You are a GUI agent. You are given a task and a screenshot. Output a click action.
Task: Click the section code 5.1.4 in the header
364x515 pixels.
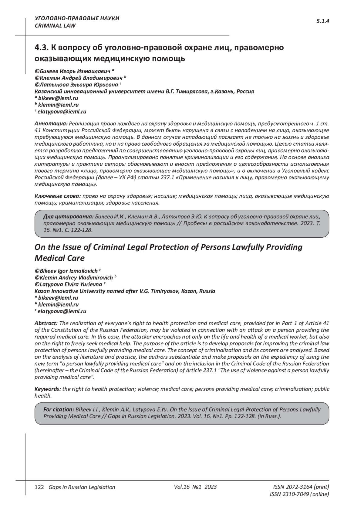coord(323,21)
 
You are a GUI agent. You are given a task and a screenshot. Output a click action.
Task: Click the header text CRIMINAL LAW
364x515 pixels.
coord(55,26)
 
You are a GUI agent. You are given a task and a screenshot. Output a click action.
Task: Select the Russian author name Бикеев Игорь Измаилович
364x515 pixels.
coord(75,71)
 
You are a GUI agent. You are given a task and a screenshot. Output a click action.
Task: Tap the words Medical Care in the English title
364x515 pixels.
coord(59,258)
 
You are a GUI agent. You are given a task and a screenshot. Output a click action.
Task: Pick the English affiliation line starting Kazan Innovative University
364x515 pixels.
coord(125,291)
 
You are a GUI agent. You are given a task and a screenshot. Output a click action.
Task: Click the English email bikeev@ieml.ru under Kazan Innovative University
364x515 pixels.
coord(58,298)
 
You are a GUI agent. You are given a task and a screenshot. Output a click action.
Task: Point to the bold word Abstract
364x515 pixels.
coord(46,323)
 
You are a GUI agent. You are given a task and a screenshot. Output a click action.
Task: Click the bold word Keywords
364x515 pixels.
coord(48,389)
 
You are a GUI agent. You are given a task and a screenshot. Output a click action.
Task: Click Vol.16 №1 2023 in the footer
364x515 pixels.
coord(195,487)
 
